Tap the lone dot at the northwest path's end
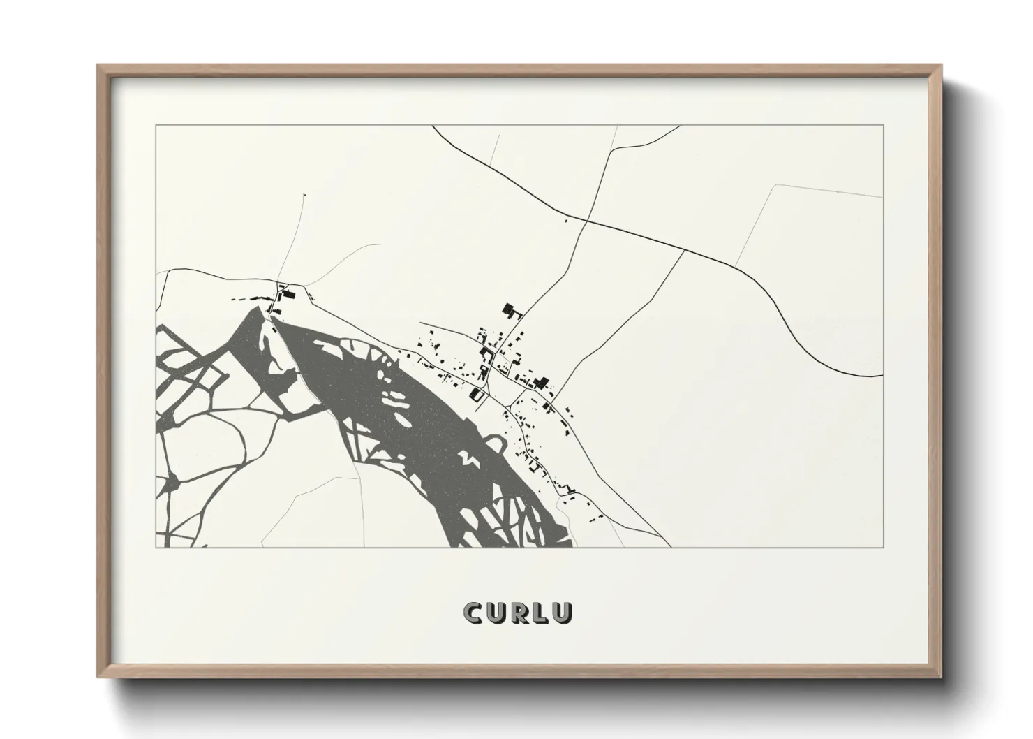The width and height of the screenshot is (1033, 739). coord(304,195)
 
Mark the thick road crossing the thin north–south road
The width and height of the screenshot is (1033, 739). coord(587,221)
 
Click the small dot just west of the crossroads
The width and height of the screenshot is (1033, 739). coord(565,221)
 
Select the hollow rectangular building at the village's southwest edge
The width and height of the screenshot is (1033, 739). coord(479,395)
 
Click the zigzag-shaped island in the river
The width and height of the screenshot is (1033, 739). coord(466,458)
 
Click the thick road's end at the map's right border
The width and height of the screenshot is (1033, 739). coord(882,376)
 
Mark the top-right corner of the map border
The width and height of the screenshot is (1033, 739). coord(883,125)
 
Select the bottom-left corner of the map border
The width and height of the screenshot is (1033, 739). coord(156,547)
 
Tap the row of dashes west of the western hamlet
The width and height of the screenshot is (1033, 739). coord(248,299)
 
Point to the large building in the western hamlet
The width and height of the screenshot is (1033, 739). coord(285,295)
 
